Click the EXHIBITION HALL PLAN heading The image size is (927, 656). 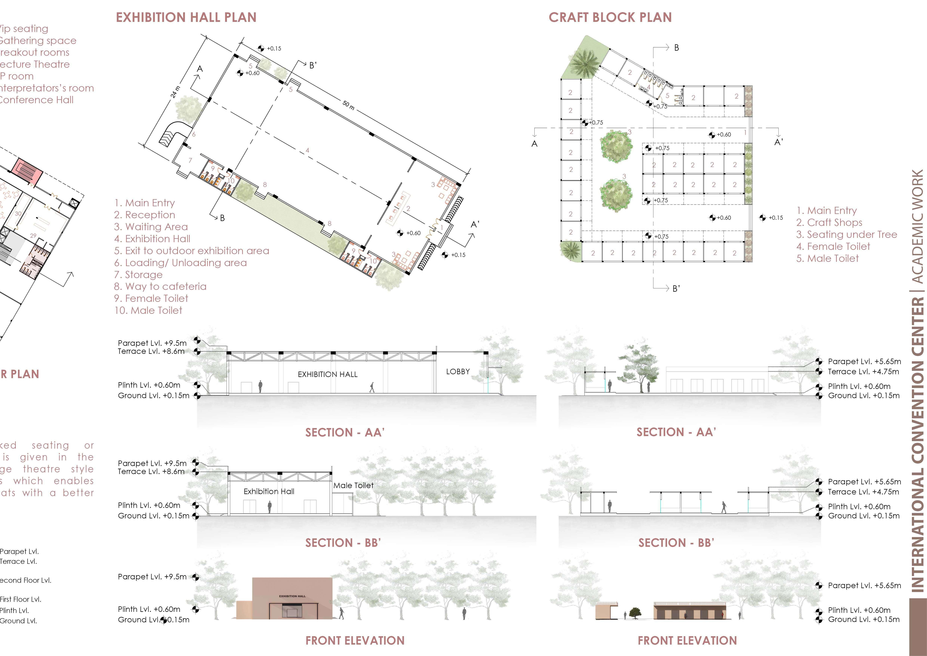click(x=186, y=17)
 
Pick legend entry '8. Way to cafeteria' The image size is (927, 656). click(x=160, y=286)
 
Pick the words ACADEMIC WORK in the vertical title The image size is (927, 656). click(x=917, y=226)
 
